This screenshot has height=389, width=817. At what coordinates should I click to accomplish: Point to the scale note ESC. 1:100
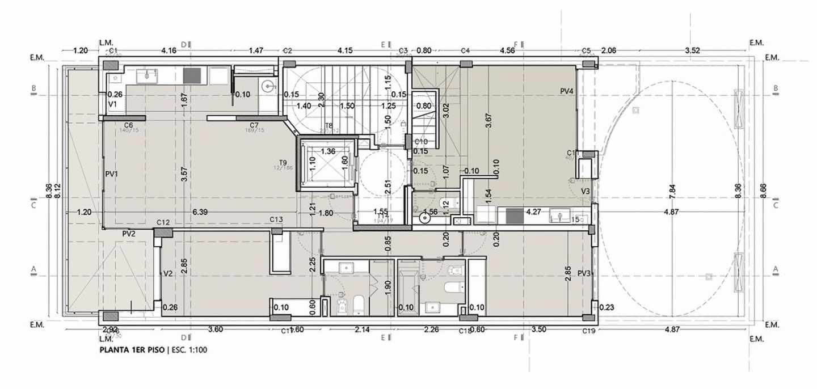pyautogui.click(x=188, y=350)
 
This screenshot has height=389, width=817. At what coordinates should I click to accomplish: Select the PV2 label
pyautogui.click(x=128, y=234)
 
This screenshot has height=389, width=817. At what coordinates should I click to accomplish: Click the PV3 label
pyautogui.click(x=585, y=273)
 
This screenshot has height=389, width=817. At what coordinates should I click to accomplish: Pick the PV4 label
pyautogui.click(x=567, y=91)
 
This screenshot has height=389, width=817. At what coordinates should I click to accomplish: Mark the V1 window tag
pyautogui.click(x=112, y=105)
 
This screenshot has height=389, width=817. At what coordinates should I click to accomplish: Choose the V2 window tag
pyautogui.click(x=167, y=273)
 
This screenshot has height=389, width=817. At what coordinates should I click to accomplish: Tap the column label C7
pyautogui.click(x=254, y=125)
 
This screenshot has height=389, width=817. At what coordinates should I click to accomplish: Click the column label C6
pyautogui.click(x=128, y=125)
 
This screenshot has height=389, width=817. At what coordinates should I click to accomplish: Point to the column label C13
pyautogui.click(x=276, y=219)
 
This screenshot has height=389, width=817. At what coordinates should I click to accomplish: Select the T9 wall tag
pyautogui.click(x=283, y=162)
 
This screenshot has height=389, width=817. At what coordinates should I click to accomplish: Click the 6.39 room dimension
pyautogui.click(x=200, y=212)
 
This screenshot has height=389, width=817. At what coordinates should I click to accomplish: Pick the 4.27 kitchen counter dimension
pyautogui.click(x=534, y=212)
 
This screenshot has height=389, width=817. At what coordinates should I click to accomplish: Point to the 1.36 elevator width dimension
pyautogui.click(x=327, y=151)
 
